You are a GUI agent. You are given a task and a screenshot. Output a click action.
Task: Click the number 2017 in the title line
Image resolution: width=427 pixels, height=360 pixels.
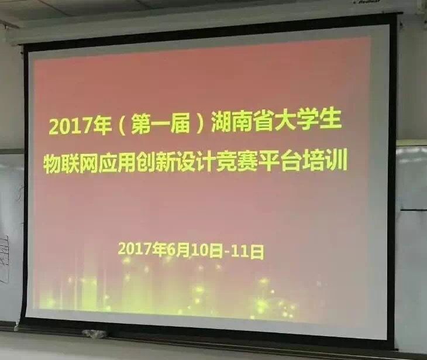click(x=71, y=127)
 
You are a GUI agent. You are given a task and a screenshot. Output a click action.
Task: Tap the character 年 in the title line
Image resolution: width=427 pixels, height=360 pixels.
click(x=102, y=126)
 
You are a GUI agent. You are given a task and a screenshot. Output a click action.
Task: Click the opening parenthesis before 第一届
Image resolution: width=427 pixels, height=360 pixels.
click(x=122, y=126)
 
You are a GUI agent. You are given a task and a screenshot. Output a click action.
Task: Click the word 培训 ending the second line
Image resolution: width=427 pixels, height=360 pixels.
click(x=324, y=162)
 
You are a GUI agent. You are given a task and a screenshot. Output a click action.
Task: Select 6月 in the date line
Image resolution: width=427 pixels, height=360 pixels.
click(x=178, y=249)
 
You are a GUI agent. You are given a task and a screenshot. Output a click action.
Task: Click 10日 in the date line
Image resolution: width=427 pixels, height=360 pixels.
click(x=206, y=251)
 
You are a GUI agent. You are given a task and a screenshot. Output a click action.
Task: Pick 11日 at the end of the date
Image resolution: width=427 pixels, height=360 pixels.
click(x=247, y=252)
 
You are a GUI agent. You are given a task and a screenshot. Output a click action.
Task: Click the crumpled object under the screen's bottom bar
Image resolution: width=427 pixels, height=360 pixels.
click(x=95, y=334)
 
